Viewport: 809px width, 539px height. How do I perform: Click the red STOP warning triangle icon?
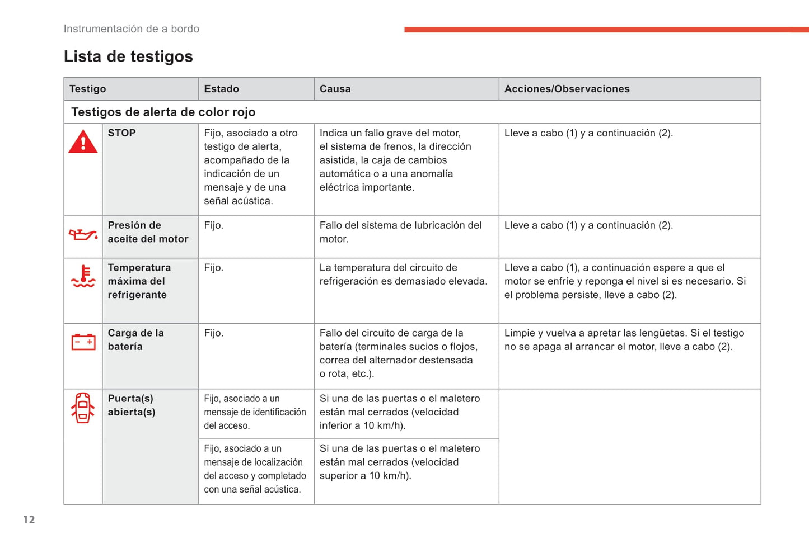pos(83,142)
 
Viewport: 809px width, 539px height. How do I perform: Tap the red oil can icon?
pos(83,235)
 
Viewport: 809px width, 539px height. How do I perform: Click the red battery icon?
pos(83,341)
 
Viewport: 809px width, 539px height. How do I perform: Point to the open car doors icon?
pos(83,408)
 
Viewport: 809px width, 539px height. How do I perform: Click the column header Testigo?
pos(87,89)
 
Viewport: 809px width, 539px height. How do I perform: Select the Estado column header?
pos(221,89)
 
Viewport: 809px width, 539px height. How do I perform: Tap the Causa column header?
pos(335,89)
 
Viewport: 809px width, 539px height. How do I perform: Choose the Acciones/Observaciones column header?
pos(567,89)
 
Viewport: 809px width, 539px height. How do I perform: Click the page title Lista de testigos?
pos(128,56)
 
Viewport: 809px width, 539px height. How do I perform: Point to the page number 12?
pos(29,519)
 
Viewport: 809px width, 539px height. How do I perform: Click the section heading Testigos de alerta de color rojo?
pos(163,112)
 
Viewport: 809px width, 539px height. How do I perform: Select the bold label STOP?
pos(121,133)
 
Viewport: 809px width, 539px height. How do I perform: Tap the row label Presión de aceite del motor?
pos(148,232)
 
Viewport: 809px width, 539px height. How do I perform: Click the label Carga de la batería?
pos(135,339)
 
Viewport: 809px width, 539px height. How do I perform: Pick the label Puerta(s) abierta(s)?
pos(132,405)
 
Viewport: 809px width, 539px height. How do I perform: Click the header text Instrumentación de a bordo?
pos(132,29)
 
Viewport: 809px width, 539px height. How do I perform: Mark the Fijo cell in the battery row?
pos(213,333)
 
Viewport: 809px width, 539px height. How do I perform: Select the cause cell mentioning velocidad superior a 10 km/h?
pos(400,462)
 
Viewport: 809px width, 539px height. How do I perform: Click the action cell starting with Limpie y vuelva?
pos(624,339)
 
